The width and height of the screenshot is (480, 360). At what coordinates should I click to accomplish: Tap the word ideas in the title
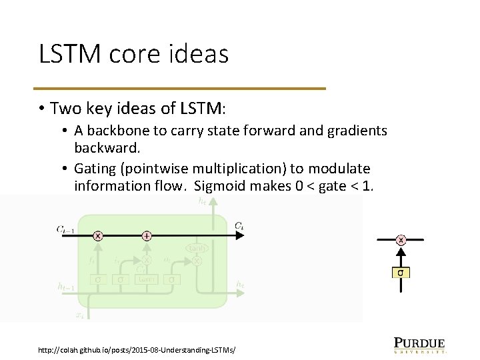[x=199, y=54]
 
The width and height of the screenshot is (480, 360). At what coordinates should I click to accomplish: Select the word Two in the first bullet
[x=65, y=108]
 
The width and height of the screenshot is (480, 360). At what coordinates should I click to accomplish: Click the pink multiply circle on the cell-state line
[x=98, y=235]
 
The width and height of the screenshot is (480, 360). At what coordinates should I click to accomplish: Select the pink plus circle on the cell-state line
[x=147, y=235]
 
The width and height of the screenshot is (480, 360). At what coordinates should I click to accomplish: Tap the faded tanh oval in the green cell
[x=197, y=247]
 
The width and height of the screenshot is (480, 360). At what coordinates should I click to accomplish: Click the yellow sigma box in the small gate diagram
[x=401, y=272]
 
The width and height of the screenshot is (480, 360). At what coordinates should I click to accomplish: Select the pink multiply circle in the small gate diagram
[x=401, y=240]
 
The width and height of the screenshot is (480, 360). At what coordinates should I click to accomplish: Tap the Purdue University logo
[x=419, y=344]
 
